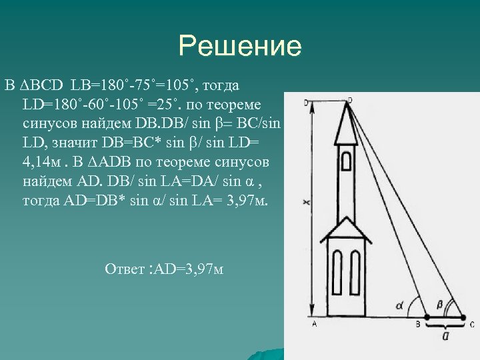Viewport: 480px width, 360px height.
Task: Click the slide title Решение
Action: (x=240, y=47)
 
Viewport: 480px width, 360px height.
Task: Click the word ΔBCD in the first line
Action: (x=39, y=86)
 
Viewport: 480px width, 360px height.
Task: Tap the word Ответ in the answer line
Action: (x=124, y=269)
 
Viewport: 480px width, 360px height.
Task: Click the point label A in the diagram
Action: (x=314, y=325)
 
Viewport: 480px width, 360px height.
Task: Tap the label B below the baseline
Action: (x=418, y=325)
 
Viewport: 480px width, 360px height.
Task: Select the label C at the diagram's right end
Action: (x=472, y=325)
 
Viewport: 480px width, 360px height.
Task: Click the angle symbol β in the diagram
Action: (x=439, y=304)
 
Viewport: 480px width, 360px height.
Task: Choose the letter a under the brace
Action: (x=445, y=337)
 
